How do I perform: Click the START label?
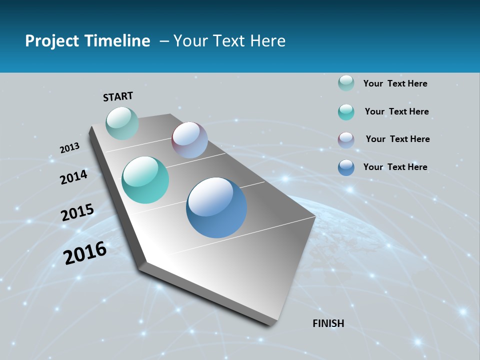click(x=118, y=96)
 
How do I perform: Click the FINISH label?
click(x=328, y=323)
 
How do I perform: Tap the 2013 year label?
click(x=69, y=148)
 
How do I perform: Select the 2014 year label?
click(x=73, y=177)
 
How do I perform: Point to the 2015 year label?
click(x=77, y=212)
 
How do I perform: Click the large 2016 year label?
click(x=85, y=253)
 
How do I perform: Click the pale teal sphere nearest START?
click(x=122, y=123)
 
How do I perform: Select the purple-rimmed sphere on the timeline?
click(x=189, y=140)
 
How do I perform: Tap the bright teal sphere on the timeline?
click(x=145, y=180)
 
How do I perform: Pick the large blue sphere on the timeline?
click(x=216, y=207)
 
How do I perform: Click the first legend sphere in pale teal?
click(x=346, y=83)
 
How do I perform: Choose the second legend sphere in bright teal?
click(x=346, y=112)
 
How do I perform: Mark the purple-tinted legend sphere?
click(x=346, y=140)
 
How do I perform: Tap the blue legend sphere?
click(x=346, y=167)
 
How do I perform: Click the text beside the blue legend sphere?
click(x=395, y=167)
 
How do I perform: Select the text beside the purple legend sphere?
click(x=397, y=139)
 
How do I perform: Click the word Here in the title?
click(x=267, y=41)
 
